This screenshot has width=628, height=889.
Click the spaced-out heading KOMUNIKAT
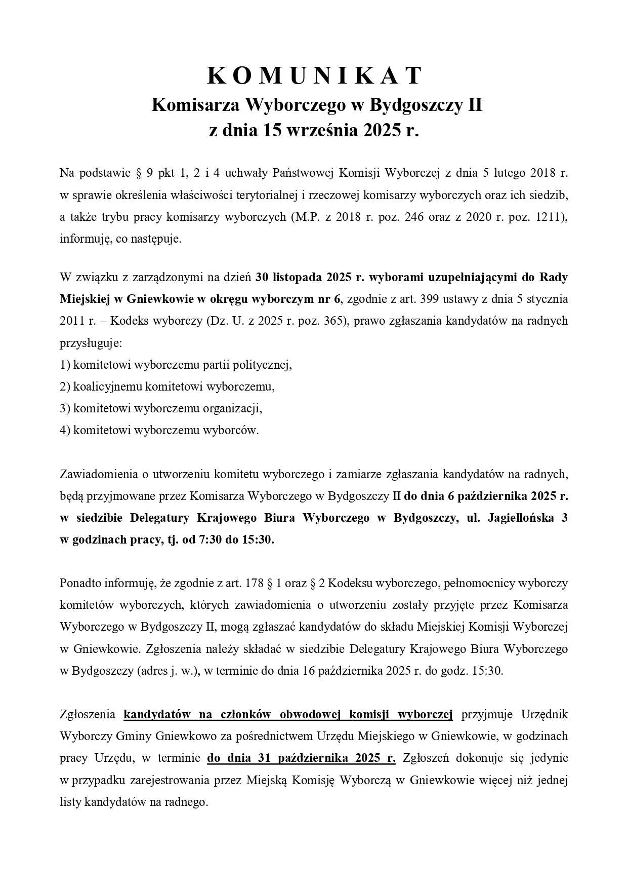click(x=314, y=76)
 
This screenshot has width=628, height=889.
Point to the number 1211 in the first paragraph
click(x=548, y=216)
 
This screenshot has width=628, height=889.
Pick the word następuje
click(x=157, y=238)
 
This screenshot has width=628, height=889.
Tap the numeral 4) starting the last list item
click(x=65, y=430)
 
